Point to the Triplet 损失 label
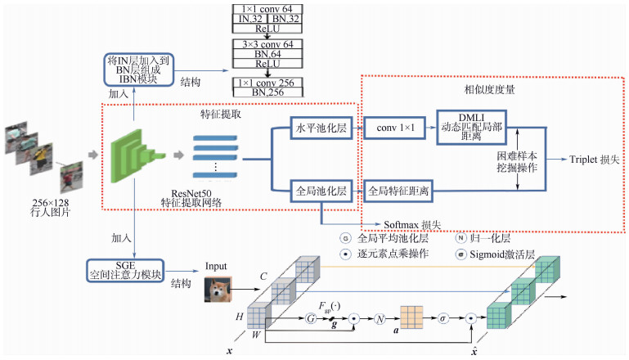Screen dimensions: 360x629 (x=591, y=162)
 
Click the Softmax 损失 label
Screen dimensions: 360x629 (x=413, y=224)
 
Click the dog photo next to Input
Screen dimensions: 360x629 (x=221, y=290)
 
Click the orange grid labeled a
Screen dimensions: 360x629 (x=413, y=316)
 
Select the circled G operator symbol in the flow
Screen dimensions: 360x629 (x=309, y=317)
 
